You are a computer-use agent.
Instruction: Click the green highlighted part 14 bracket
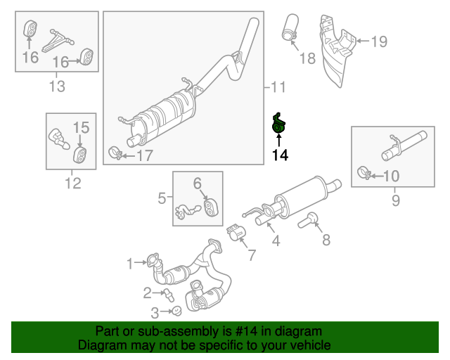point(280,124)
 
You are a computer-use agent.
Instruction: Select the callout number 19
point(378,41)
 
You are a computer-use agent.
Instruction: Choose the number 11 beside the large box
point(278,87)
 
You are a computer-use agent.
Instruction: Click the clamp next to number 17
point(115,153)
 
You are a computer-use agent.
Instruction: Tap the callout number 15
point(81,127)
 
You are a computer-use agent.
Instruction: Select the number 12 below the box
point(72,184)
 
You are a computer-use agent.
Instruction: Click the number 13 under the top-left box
point(56,86)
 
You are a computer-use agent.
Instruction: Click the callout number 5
point(162,199)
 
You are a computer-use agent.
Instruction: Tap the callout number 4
point(276,241)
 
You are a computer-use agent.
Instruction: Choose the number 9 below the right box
point(394,202)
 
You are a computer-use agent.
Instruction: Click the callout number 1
point(130,264)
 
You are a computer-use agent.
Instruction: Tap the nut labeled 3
point(177,311)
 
